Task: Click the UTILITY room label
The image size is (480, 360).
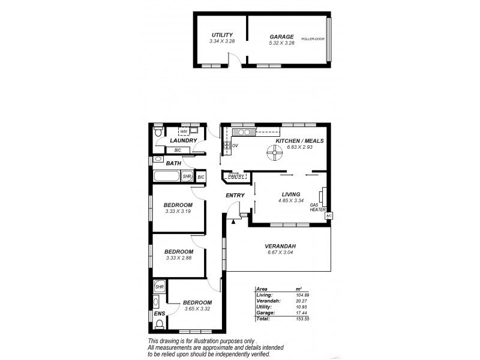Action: [221, 35]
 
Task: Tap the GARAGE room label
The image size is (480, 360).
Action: [281, 36]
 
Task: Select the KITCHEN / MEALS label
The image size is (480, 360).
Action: [299, 141]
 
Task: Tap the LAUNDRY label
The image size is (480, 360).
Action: [184, 141]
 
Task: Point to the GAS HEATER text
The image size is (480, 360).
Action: [317, 208]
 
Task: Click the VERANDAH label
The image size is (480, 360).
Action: [281, 247]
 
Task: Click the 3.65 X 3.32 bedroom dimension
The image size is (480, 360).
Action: [197, 308]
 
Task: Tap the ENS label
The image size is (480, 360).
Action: [160, 313]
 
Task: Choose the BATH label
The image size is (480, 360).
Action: [173, 163]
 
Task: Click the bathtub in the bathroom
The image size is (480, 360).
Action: [167, 177]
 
